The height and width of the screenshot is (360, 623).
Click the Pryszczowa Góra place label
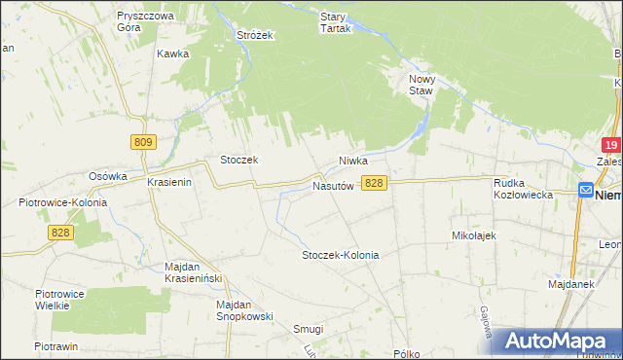[x=144, y=22]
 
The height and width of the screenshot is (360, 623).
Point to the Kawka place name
[x=172, y=54]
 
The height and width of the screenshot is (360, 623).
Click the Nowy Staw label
[x=421, y=85]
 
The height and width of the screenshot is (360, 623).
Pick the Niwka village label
[x=357, y=161]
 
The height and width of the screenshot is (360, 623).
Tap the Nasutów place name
[x=332, y=185]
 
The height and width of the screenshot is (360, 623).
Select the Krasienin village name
[x=172, y=183]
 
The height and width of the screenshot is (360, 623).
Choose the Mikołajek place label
[x=474, y=235]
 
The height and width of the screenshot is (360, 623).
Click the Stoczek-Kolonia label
[x=340, y=255]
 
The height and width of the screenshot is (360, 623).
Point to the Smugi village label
[x=308, y=329]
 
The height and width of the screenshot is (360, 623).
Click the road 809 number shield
[x=143, y=142]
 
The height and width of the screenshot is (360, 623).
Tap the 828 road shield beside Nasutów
[x=375, y=183]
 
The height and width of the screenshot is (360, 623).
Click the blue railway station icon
[x=586, y=191]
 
